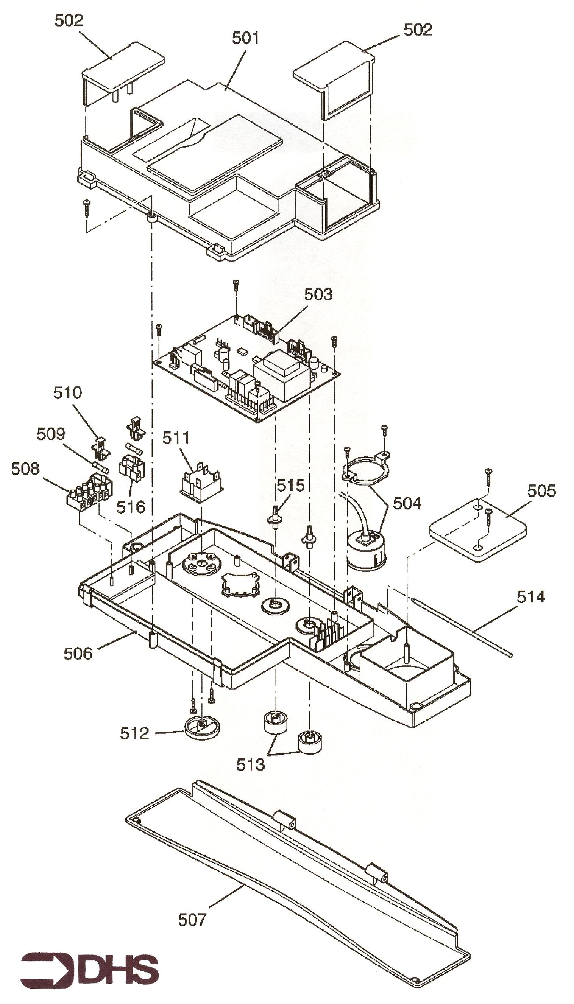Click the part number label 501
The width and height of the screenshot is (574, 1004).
coord(245,38)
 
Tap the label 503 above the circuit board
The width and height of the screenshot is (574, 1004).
coord(318,294)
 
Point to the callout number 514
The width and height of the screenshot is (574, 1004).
coord(530,597)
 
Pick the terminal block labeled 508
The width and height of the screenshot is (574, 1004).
coord(89,495)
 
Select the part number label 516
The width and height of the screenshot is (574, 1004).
coord(131,507)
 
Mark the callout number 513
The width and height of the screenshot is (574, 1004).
coord(250,764)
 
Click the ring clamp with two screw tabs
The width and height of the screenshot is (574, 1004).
coord(365,470)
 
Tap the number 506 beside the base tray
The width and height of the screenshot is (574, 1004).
coord(78,653)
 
